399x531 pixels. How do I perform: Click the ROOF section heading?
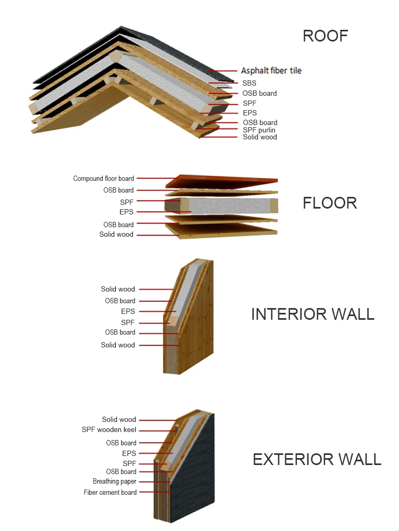coord(325,36)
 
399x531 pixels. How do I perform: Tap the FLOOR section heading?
coord(329,203)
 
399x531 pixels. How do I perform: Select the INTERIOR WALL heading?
coord(312,314)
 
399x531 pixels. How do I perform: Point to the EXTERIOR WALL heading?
coord(317,459)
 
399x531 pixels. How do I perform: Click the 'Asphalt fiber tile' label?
coord(271,70)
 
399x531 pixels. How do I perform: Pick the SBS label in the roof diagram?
coord(249,83)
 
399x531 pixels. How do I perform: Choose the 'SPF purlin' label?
coord(259,130)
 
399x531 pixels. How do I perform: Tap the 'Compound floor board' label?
coord(104,179)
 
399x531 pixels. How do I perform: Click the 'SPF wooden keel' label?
coord(109,430)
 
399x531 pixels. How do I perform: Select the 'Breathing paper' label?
coord(114,482)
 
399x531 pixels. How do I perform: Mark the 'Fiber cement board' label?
coord(110,493)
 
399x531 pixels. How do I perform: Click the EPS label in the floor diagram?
coord(127,212)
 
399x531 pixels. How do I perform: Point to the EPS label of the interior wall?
coord(128,311)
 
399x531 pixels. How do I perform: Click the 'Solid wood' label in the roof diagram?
coord(260,137)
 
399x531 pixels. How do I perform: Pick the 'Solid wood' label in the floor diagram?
coord(117,235)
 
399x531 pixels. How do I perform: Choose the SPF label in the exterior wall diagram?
coord(129,463)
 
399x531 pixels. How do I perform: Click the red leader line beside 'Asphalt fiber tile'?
coord(224,70)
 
